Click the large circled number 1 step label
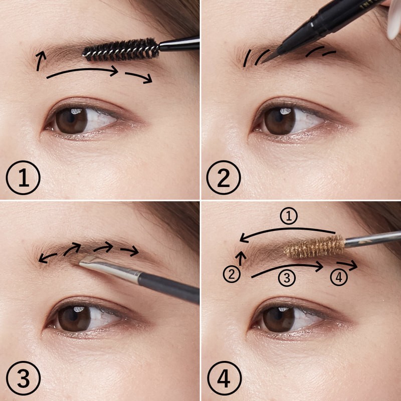[x=23, y=177]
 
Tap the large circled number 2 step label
[x=224, y=177]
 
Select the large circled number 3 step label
[x=23, y=378]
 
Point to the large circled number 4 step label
[x=224, y=378]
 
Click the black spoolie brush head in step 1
[x=121, y=50]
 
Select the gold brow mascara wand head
[x=314, y=247]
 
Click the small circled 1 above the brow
[x=289, y=216]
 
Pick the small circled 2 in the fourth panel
[x=232, y=274]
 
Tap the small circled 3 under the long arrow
[x=287, y=278]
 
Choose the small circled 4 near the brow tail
[x=339, y=277]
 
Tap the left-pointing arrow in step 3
[x=47, y=258]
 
